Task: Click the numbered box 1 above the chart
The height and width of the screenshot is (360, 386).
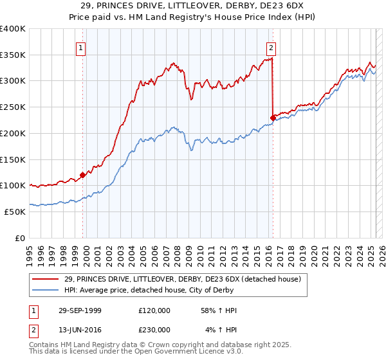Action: point(82,47)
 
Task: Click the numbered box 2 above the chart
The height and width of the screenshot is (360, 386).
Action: point(271,47)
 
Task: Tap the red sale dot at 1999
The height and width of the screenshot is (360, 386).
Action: point(83,174)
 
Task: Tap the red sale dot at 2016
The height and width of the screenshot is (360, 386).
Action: point(273,117)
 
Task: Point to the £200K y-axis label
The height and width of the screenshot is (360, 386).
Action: point(13,133)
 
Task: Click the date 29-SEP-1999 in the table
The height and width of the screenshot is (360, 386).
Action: point(78,310)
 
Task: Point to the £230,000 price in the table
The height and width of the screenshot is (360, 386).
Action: point(154,329)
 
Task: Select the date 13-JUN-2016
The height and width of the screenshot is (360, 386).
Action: point(78,329)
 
